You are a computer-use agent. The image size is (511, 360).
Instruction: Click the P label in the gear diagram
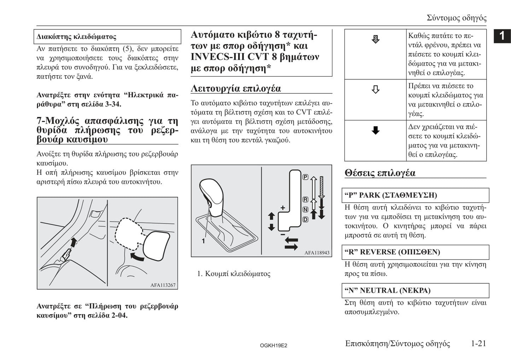point(305,177)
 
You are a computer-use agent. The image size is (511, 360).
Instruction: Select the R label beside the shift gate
point(305,200)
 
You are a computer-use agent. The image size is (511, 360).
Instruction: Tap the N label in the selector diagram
point(305,209)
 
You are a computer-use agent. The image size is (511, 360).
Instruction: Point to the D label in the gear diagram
point(305,219)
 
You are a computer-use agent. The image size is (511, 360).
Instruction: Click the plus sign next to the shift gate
point(283,208)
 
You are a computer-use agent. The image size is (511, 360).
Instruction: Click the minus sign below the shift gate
point(283,234)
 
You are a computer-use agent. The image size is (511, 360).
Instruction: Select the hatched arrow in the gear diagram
point(321,187)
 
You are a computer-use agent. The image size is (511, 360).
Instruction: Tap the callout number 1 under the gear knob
point(203,241)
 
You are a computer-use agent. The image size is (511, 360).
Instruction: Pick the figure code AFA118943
point(317,253)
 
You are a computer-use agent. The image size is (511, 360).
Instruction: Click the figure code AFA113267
point(163,285)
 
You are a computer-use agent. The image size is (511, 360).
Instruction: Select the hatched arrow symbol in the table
point(376,39)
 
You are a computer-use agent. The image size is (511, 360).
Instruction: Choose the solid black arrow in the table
point(376,130)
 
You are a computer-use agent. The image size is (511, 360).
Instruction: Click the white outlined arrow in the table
point(376,89)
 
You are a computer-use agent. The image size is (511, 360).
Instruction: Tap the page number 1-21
point(478,343)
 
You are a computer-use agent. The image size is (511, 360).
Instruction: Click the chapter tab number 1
point(502,36)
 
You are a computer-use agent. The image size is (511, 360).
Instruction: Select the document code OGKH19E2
point(273,346)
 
